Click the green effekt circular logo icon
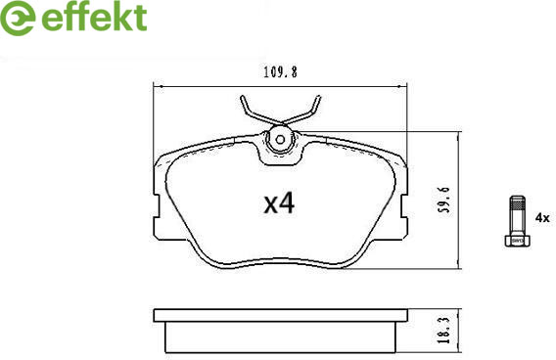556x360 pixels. [17, 18]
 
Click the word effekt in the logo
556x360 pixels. [94, 17]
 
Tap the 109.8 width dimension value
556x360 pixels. [280, 72]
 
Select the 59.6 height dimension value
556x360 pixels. [444, 200]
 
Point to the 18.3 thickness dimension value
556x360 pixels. [444, 331]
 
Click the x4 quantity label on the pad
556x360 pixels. [279, 203]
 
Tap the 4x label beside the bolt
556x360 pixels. [542, 218]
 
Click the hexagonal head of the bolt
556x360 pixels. [518, 240]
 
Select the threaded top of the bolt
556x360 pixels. [518, 203]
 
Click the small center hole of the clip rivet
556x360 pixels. [280, 140]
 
